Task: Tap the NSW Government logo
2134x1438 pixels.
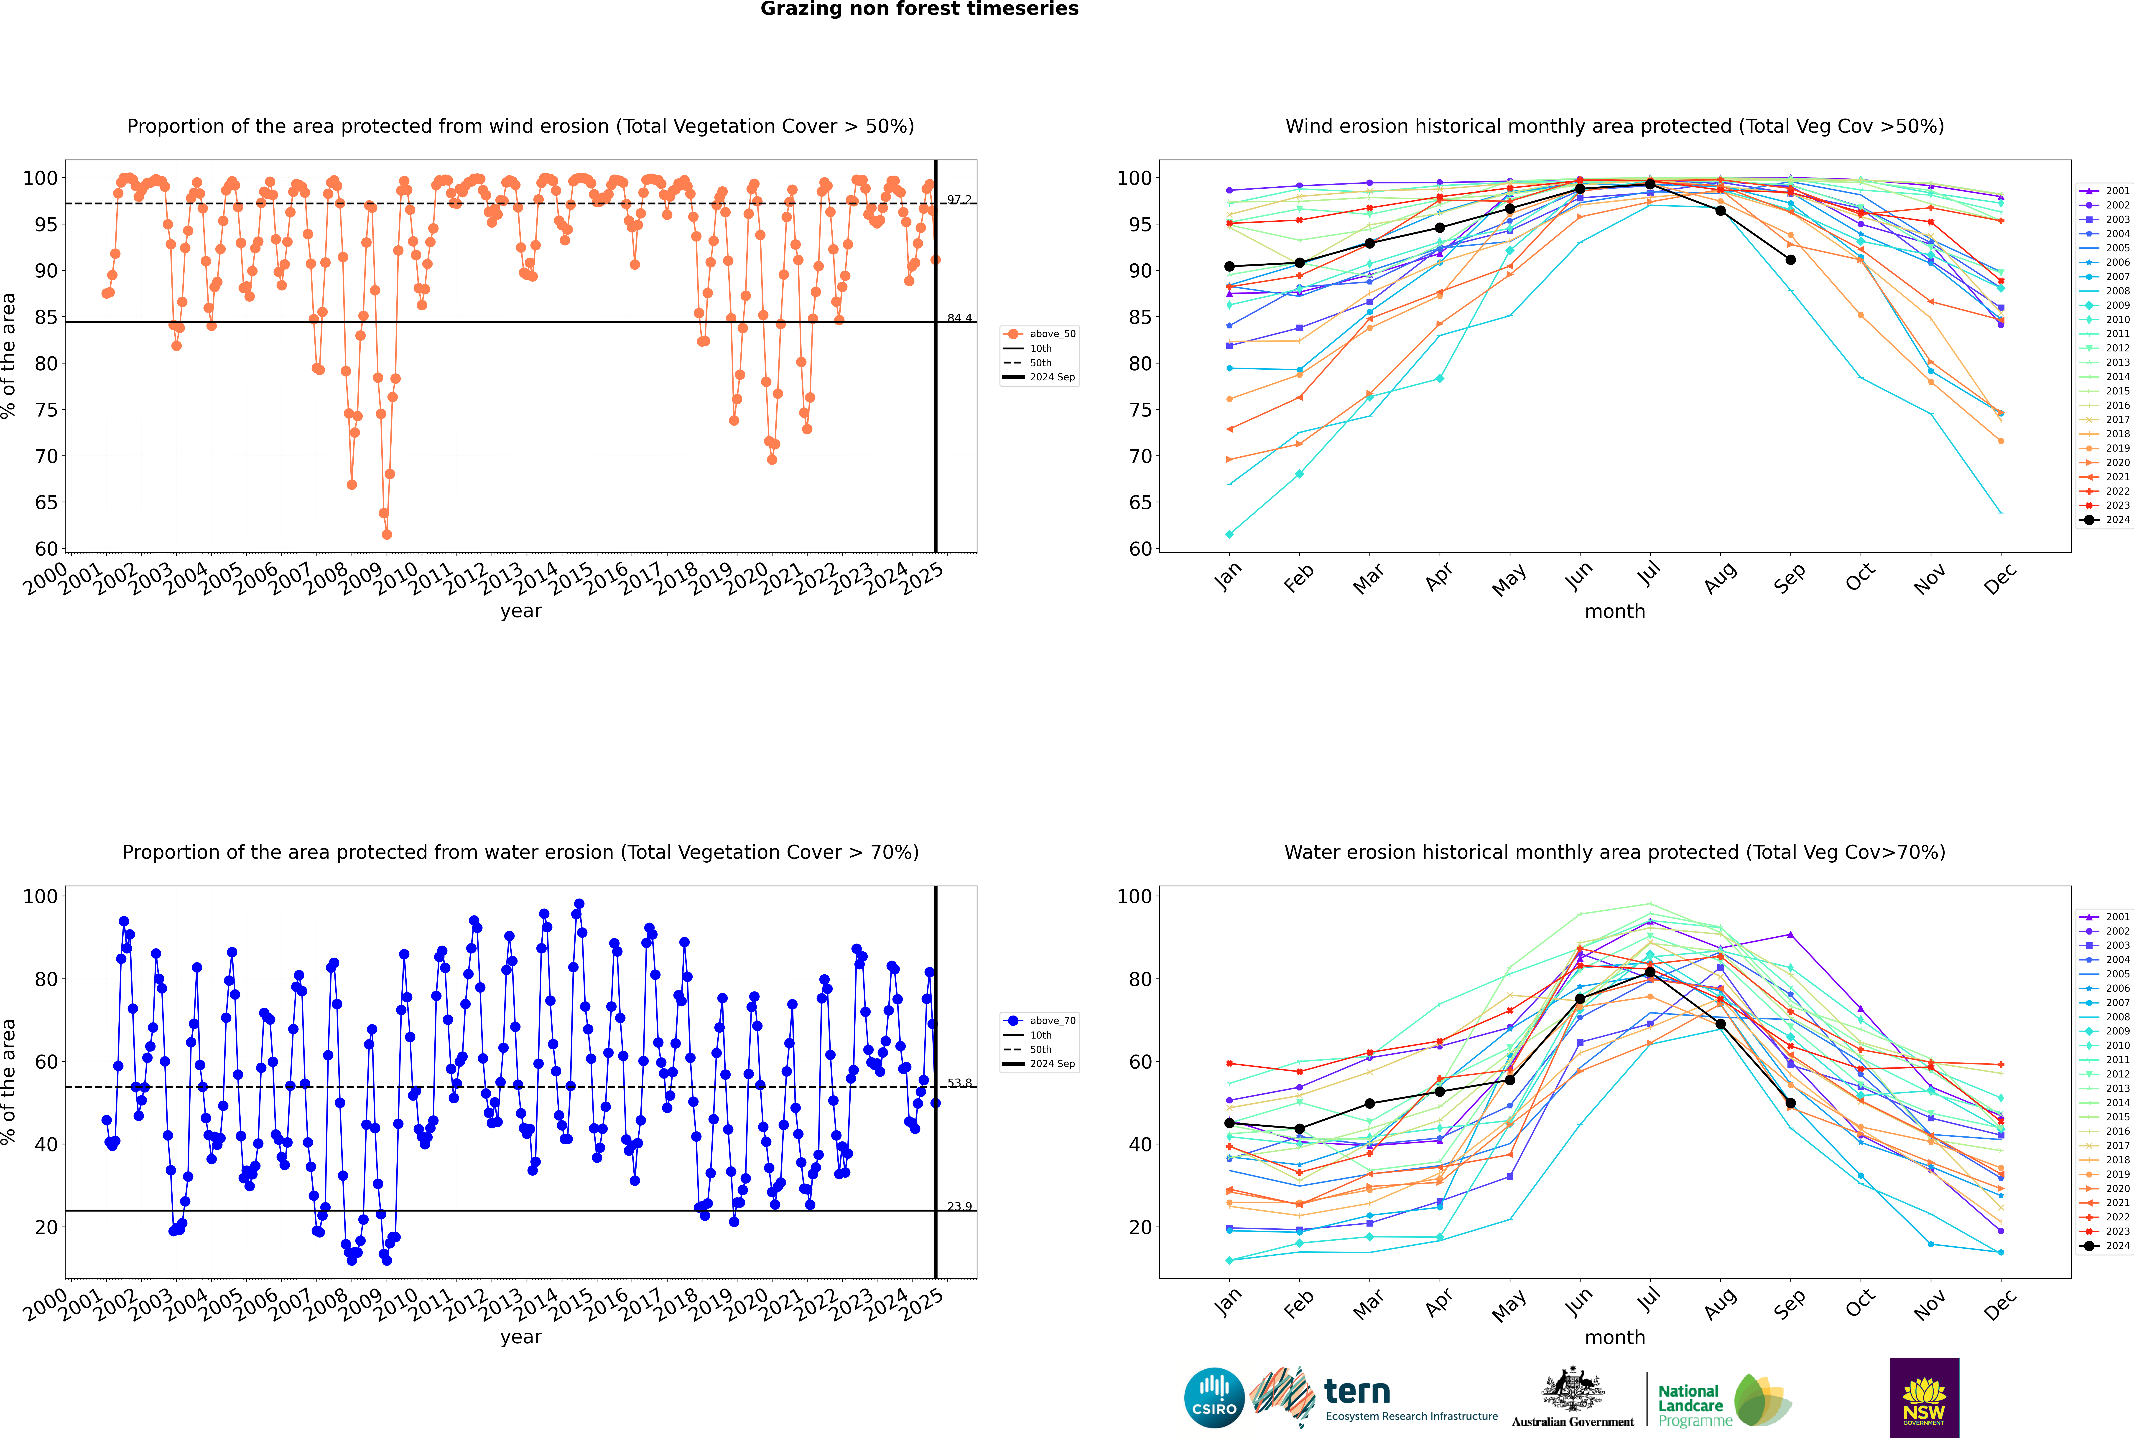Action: [1924, 1397]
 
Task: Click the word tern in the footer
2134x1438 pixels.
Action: [1357, 1392]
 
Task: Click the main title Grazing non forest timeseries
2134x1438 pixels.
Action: [919, 9]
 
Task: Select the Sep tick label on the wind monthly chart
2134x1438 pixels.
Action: [1789, 578]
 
